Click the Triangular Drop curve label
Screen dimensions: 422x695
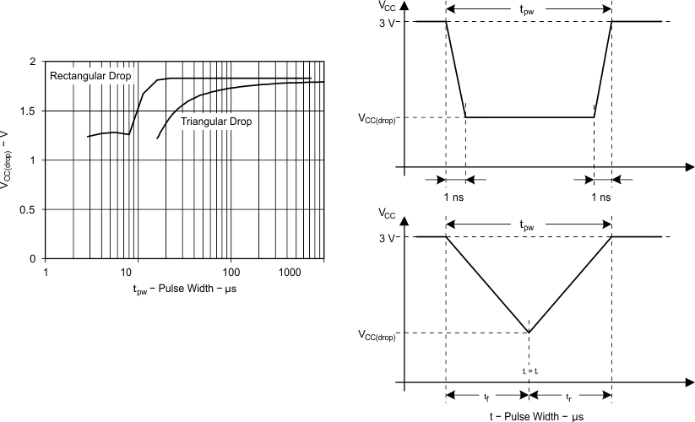coord(215,122)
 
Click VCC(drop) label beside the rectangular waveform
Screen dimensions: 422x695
coord(378,118)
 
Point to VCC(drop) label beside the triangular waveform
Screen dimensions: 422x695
coord(378,333)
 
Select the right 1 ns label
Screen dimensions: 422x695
coord(601,197)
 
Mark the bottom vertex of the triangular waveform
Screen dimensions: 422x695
coord(529,333)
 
